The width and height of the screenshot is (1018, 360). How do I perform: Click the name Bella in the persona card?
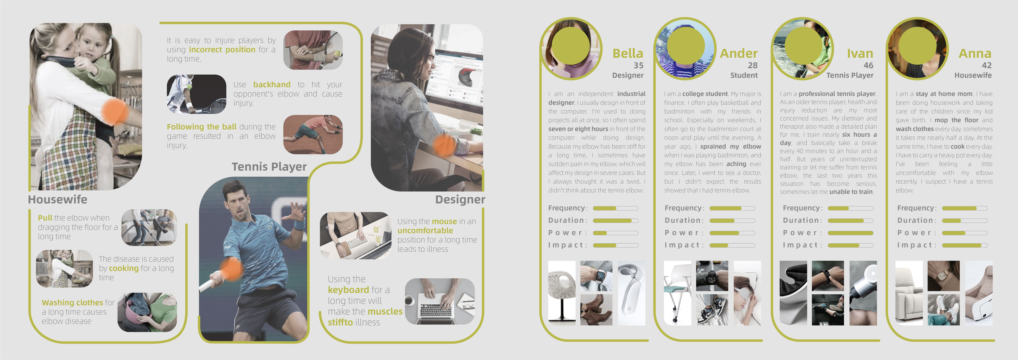point(628,53)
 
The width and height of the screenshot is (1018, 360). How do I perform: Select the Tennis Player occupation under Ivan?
point(850,75)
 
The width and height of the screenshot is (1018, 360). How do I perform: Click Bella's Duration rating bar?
point(615,221)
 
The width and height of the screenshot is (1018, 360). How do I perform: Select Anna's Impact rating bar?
point(964,245)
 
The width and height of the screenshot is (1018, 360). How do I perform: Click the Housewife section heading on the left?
point(58,200)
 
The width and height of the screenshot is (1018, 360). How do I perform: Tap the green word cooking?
point(124,268)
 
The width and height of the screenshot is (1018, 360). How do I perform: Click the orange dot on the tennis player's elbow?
point(230,269)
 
